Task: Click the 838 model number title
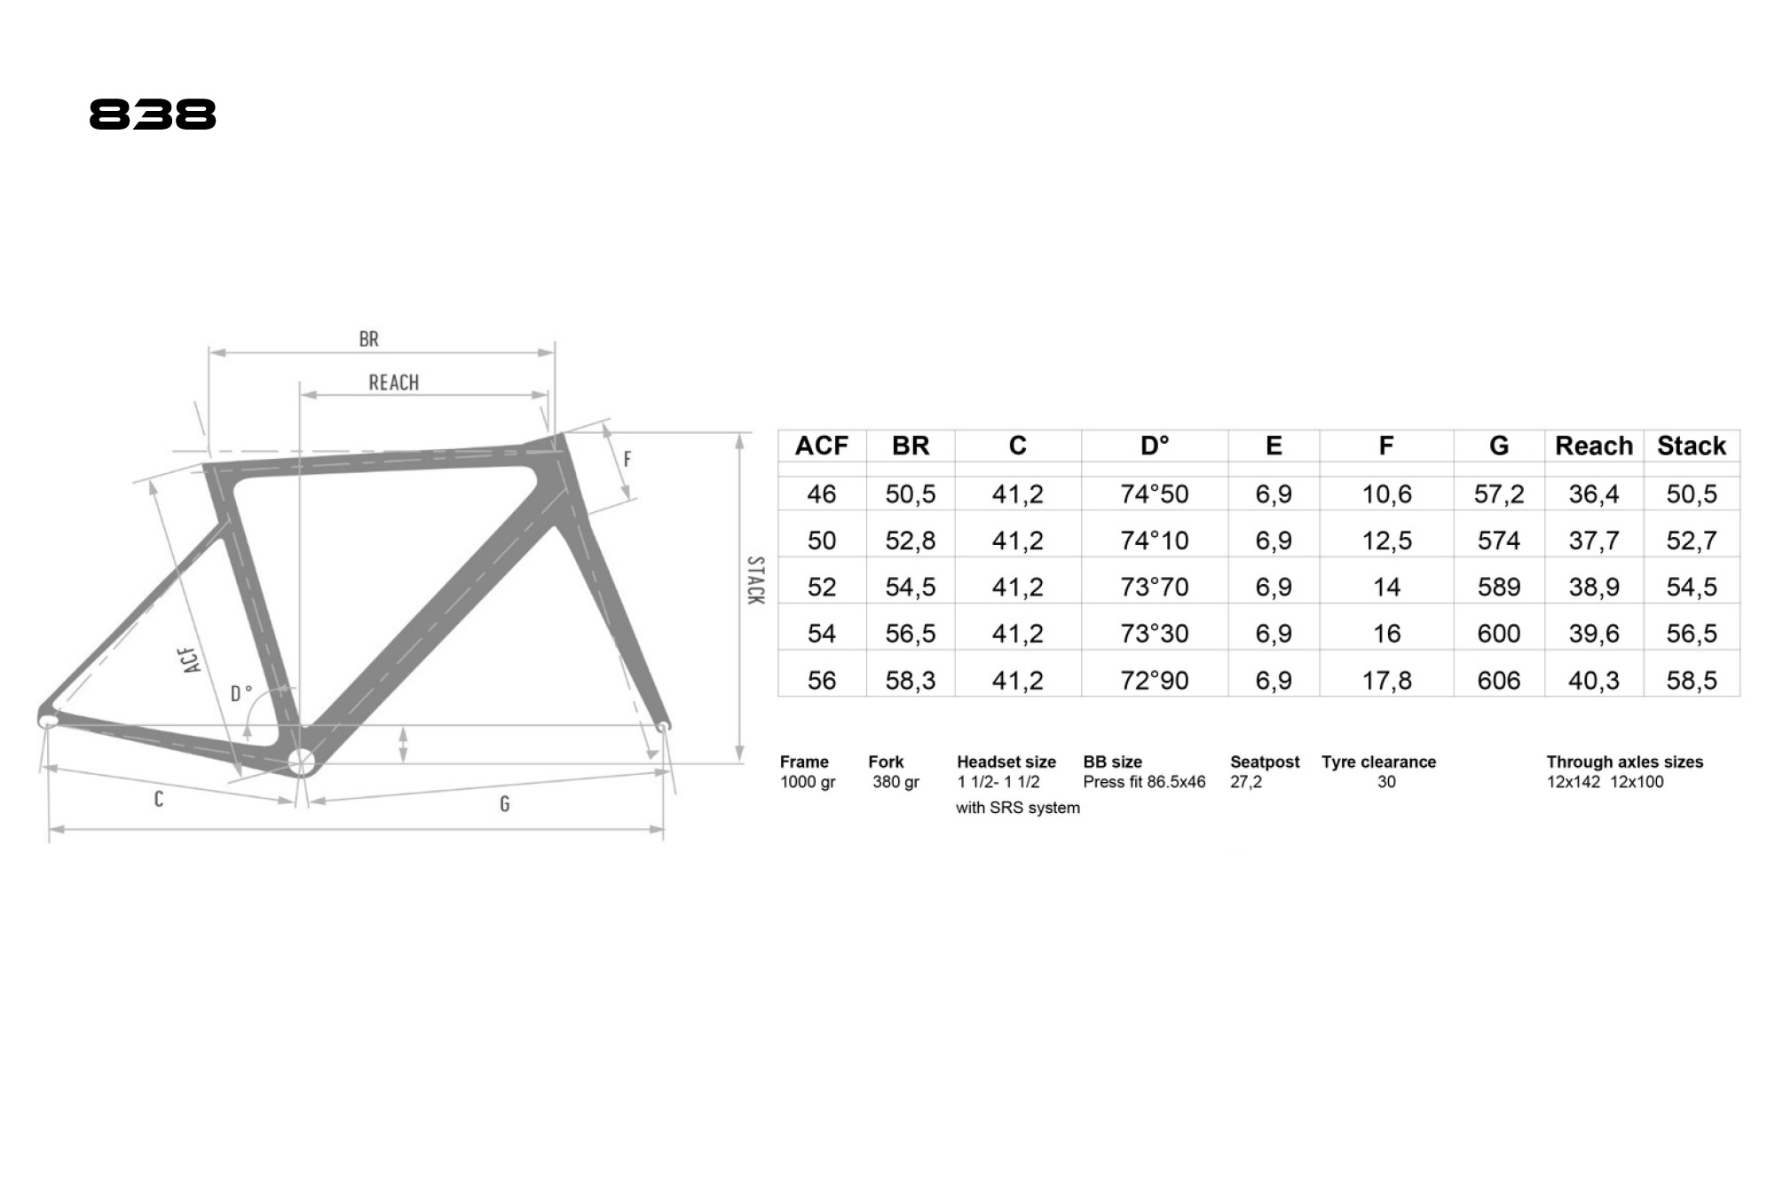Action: pyautogui.click(x=153, y=114)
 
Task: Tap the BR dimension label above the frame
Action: pyautogui.click(x=369, y=339)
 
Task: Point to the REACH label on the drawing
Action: pyautogui.click(x=394, y=383)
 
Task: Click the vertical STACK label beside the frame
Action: pyautogui.click(x=755, y=580)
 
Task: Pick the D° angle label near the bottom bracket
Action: pyautogui.click(x=241, y=693)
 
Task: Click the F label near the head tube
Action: pyautogui.click(x=627, y=459)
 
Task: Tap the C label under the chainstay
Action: pyautogui.click(x=159, y=799)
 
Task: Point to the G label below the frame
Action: pyautogui.click(x=505, y=804)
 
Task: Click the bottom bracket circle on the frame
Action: pyautogui.click(x=301, y=762)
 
